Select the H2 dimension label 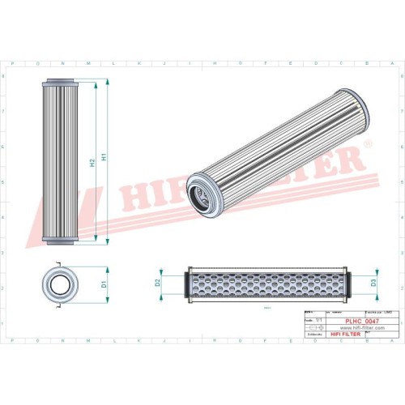(x=92, y=162)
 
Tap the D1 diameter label (x=104, y=284)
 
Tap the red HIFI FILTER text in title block (x=352, y=335)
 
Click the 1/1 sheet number (x=319, y=321)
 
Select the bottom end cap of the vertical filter (x=61, y=241)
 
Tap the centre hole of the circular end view (x=61, y=285)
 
